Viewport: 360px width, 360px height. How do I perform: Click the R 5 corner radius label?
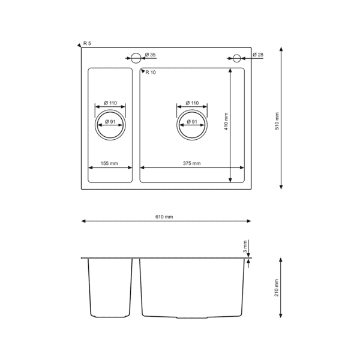click(x=87, y=43)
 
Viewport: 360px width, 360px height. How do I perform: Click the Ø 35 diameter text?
click(x=151, y=55)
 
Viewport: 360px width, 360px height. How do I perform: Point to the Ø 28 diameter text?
click(x=258, y=55)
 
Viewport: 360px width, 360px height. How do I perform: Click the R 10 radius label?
click(x=151, y=73)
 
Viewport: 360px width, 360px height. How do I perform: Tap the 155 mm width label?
click(x=109, y=163)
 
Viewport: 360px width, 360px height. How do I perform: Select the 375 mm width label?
click(x=192, y=163)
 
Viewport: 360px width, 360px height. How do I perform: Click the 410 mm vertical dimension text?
click(x=226, y=121)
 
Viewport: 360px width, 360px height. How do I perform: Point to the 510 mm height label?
click(x=277, y=121)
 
